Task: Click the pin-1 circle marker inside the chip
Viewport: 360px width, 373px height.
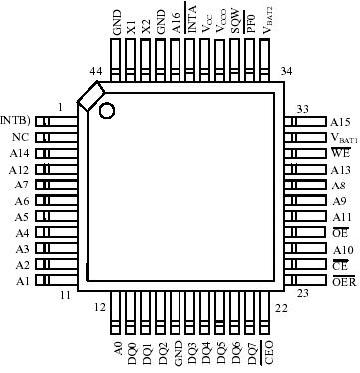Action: (106, 109)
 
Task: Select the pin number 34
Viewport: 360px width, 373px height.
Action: (286, 72)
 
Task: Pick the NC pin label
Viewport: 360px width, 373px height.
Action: (20, 137)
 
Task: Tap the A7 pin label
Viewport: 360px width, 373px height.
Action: (22, 185)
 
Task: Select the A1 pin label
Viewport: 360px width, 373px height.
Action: (22, 281)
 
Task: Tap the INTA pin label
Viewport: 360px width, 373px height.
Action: (191, 22)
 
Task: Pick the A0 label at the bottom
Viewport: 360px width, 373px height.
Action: (118, 349)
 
